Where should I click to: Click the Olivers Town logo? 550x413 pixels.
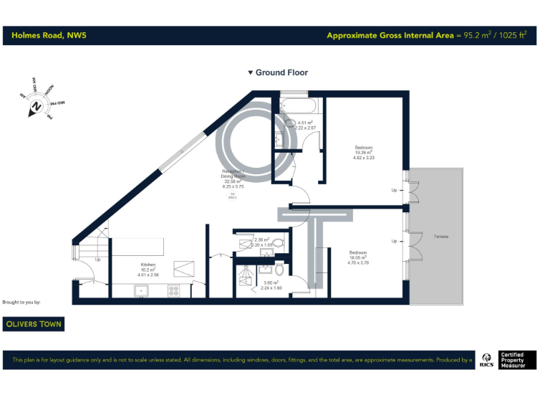pyautogui.click(x=34, y=324)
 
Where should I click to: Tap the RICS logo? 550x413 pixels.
pyautogui.click(x=486, y=359)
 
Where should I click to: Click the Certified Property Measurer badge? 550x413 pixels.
pyautogui.click(x=517, y=359)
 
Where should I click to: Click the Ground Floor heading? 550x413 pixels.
pyautogui.click(x=278, y=72)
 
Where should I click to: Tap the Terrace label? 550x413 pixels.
pyautogui.click(x=440, y=236)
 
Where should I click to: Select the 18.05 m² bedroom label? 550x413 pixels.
pyautogui.click(x=358, y=257)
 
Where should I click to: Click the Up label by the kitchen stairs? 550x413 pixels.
pyautogui.click(x=98, y=260)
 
